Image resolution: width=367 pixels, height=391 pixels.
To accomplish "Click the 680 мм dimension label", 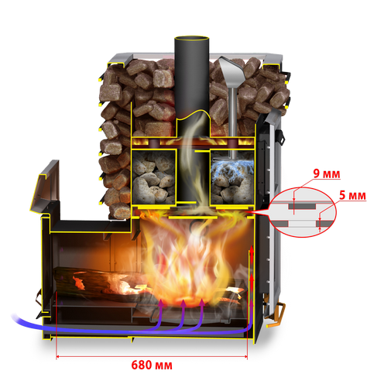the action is [x=152, y=365].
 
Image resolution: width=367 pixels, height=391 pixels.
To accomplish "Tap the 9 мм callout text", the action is [x=327, y=173].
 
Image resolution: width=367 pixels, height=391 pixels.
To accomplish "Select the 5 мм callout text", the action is [x=352, y=195].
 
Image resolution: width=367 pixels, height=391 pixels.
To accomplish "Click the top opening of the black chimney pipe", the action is [x=191, y=39].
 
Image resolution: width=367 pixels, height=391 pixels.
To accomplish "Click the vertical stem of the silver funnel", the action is [x=233, y=122].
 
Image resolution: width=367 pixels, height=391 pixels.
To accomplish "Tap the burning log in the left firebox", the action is [x=98, y=283].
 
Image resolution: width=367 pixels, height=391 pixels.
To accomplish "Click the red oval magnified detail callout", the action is [x=303, y=212].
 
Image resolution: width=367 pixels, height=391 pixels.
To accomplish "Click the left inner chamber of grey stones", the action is [x=153, y=176].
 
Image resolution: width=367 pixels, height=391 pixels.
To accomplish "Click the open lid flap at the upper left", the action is [x=46, y=186].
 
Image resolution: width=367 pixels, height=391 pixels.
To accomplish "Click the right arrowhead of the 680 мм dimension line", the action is [x=245, y=357].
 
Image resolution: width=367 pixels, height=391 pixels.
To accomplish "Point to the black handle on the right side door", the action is [x=280, y=135].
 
